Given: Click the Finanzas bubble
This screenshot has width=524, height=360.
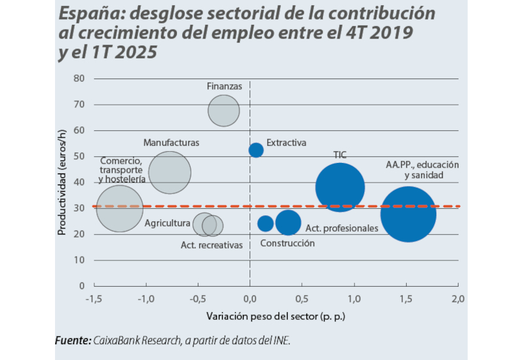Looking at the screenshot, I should tap(224, 110).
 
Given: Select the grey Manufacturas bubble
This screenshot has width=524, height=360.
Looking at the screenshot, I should tap(170, 172).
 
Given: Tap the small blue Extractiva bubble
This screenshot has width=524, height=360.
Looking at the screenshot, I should tap(256, 150).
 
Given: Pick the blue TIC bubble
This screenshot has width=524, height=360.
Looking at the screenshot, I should tap(339, 187).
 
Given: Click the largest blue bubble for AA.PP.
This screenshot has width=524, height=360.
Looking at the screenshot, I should tap(408, 214).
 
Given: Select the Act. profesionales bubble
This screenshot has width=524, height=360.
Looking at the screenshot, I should tap(288, 223).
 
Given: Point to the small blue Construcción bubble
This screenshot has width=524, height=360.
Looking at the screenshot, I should tap(265, 223).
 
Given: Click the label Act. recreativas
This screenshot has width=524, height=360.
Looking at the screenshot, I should tap(212, 245).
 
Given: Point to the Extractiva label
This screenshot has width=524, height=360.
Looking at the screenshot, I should tap(286, 143).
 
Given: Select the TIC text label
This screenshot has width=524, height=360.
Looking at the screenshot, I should tap(339, 154).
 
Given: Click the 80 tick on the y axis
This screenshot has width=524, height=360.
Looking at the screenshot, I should tap(80, 79).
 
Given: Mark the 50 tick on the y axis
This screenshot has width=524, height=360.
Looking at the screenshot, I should tap(80, 156).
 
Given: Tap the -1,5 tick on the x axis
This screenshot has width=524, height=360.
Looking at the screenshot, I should tap(93, 298).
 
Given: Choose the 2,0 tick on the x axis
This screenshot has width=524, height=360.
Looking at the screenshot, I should tap(458, 298).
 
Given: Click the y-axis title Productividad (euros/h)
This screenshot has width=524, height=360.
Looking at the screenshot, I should tap(64, 182).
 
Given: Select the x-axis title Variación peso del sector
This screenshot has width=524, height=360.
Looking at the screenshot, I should tap(275, 316).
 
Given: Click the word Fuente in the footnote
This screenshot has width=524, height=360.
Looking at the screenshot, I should tap(72, 341).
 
